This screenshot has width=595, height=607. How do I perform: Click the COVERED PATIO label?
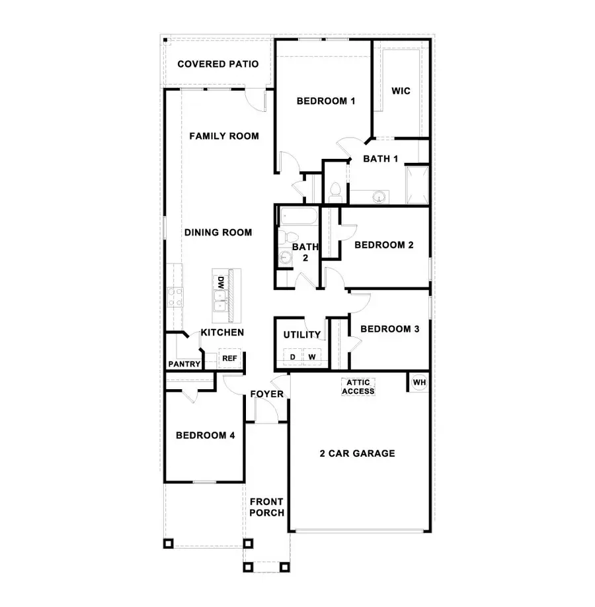pos(218,64)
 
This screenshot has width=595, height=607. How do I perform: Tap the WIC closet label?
pos(401,91)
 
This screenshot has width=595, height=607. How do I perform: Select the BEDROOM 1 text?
pos(326,101)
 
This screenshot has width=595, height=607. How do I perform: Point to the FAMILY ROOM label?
pos(223,136)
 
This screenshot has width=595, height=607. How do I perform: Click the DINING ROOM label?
pos(218,232)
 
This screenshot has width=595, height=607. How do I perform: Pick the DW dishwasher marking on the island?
pos(219,282)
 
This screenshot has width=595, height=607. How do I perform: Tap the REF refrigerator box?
pos(229,358)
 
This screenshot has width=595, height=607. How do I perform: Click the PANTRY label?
pos(184,364)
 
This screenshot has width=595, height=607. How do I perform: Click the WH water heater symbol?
pos(419,383)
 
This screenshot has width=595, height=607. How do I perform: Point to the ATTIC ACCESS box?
pos(358,387)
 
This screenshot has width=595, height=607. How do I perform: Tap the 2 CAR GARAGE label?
pos(357,453)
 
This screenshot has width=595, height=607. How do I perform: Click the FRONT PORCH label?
pos(267,507)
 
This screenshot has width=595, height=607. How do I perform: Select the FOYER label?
pos(266,395)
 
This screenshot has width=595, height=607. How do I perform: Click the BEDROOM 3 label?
pos(389,328)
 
